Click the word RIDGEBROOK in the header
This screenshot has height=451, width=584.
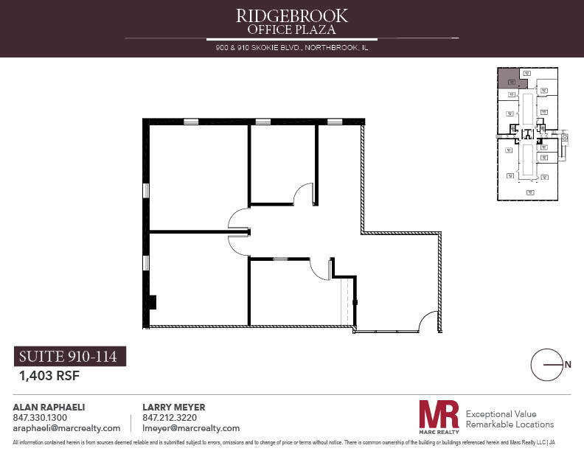pyautogui.click(x=291, y=15)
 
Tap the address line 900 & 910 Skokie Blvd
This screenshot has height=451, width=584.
pyautogui.click(x=291, y=48)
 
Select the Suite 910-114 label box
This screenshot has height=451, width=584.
pyautogui.click(x=70, y=357)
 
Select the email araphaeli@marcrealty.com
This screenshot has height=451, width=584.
pyautogui.click(x=66, y=428)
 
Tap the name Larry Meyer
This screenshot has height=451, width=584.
pyautogui.click(x=173, y=408)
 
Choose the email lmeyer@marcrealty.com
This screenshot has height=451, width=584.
pyautogui.click(x=190, y=428)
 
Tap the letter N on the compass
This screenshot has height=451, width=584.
pyautogui.click(x=568, y=364)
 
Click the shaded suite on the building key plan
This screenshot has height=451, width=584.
pyautogui.click(x=507, y=78)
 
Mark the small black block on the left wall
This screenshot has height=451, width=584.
pyautogui.click(x=153, y=301)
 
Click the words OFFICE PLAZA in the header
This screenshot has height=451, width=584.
pyautogui.click(x=291, y=29)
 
